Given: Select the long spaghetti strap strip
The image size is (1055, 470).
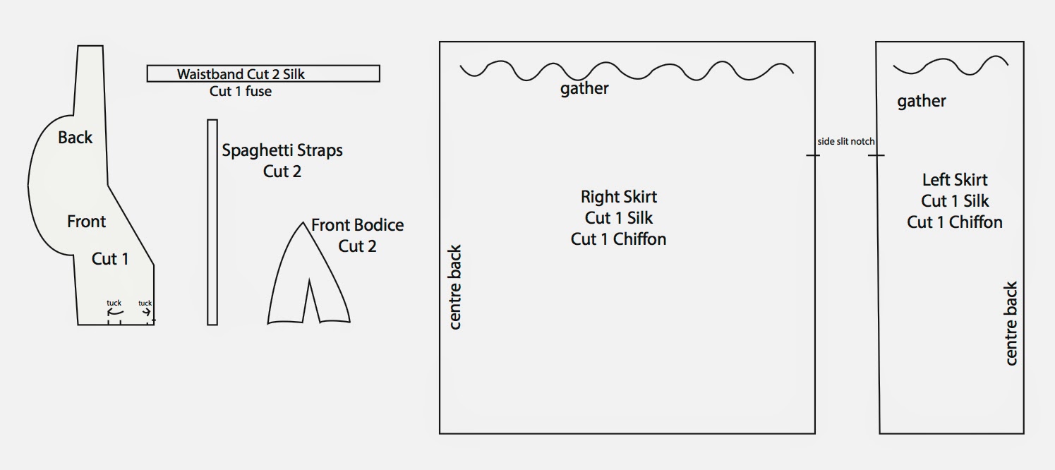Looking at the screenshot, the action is point(212,222).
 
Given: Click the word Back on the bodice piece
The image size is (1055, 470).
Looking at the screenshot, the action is point(76,138).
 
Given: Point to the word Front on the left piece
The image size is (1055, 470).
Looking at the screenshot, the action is point(86,222).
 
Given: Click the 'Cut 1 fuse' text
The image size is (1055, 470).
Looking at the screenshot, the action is point(241,91).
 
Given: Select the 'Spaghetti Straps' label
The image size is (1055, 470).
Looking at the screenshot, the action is point(282,150).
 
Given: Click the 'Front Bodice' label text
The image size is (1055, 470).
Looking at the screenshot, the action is point(358,225).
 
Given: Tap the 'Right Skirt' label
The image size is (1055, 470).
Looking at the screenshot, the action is point(619,196).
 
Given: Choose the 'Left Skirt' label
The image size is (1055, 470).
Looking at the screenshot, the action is point(955,180).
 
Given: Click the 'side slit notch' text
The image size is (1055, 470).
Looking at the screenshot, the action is point(846,141).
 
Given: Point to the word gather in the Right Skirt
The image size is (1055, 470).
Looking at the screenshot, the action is point(584,89).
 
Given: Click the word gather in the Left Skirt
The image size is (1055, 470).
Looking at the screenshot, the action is point(922,102).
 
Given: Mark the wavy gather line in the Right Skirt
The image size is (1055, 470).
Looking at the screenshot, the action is point(627,70).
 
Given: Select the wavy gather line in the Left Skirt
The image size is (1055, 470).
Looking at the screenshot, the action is point(951,66).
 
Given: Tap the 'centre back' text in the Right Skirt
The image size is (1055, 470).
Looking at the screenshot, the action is point(456,287).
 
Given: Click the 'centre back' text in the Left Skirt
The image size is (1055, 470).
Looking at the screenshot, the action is point(1011,324).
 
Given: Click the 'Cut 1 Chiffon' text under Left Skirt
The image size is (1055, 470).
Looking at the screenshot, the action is point(955,222).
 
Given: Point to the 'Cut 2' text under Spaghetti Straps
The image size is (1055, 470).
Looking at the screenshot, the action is point(282,171).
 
